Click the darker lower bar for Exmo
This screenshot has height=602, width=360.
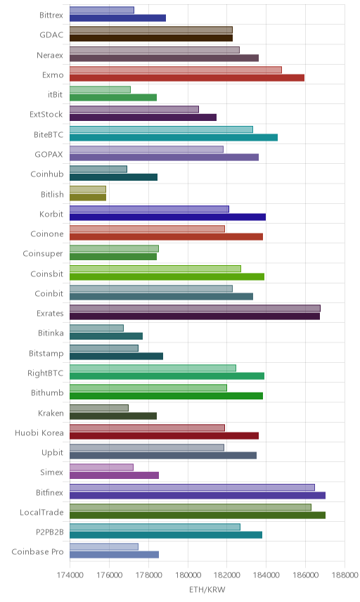pyautogui.click(x=187, y=78)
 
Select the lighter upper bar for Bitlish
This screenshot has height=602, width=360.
pyautogui.click(x=88, y=189)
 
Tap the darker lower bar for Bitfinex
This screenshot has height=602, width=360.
pyautogui.click(x=198, y=495)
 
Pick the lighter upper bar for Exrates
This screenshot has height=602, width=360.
pyautogui.click(x=195, y=308)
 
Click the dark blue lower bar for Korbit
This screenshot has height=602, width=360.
pyautogui.click(x=168, y=217)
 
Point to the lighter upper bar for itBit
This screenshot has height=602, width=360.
pyautogui.click(x=100, y=89)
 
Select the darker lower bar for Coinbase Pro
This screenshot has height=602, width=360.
pyautogui.click(x=115, y=555)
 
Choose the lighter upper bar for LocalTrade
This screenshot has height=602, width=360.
pyautogui.click(x=191, y=507)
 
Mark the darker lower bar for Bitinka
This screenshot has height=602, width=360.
pyautogui.click(x=106, y=336)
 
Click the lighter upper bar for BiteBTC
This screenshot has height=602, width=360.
pyautogui.click(x=161, y=129)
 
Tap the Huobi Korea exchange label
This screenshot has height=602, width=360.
pyautogui.click(x=39, y=433)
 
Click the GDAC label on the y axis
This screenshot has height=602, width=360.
pyautogui.click(x=51, y=35)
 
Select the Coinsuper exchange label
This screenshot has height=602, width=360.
pyautogui.click(x=43, y=254)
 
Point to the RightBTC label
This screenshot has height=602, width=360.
pyautogui.click(x=45, y=373)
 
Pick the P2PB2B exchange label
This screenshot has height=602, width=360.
pyautogui.click(x=49, y=532)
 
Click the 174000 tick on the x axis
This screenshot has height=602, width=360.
pyautogui.click(x=70, y=575)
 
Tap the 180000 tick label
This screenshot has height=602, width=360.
pyautogui.click(x=188, y=575)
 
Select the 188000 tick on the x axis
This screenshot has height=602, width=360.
pyautogui.click(x=345, y=575)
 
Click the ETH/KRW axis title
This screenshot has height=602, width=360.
pyautogui.click(x=207, y=589)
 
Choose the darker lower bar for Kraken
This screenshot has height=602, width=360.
pyautogui.click(x=113, y=416)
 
